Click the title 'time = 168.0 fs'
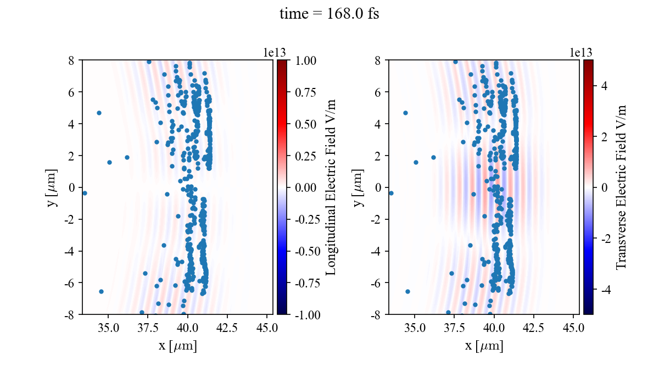click(329, 14)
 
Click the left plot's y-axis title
click(53, 187)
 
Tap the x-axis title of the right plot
click(484, 346)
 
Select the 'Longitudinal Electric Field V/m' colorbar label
click(331, 187)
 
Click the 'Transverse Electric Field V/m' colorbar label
click(621, 187)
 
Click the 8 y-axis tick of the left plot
click(72, 60)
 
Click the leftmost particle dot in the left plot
click(85, 193)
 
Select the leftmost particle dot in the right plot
click(391, 193)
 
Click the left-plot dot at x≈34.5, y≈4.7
click(99, 113)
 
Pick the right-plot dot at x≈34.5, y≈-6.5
click(407, 291)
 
